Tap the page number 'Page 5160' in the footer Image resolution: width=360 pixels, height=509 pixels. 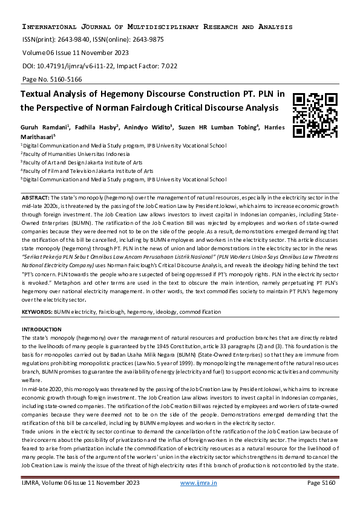point(322,500)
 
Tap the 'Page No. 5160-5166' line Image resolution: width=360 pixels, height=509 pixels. point(52,79)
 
